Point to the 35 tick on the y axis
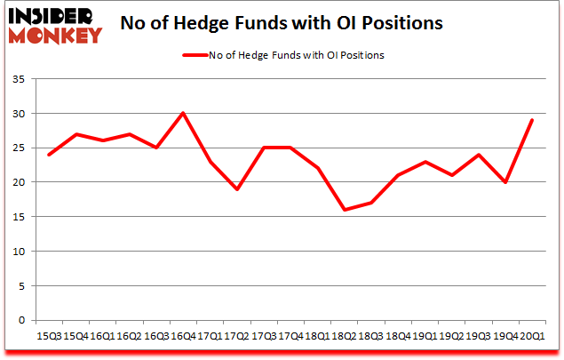[18, 80]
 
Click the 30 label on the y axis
[18, 114]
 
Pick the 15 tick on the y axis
[18, 217]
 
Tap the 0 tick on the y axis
[21, 320]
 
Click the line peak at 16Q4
[183, 114]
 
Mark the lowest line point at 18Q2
[344, 210]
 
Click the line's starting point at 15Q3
[49, 155]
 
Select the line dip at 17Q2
[236, 189]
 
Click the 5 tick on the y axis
[21, 285]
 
